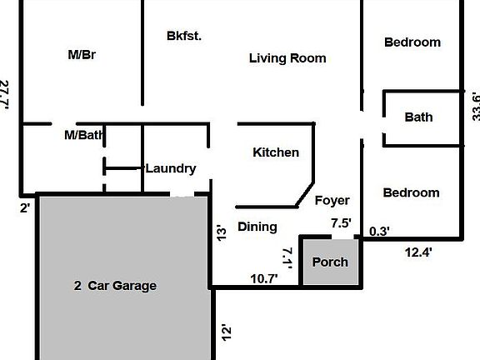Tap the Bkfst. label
[184, 36]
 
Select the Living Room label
[287, 58]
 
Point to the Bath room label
[418, 117]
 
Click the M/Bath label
[83, 134]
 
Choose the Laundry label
[171, 168]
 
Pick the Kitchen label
[276, 152]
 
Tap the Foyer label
[332, 200]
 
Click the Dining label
[257, 227]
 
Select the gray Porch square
[330, 262]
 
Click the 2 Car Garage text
[115, 286]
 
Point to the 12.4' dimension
[419, 251]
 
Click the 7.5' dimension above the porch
[341, 223]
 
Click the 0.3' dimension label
[379, 231]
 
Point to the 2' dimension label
[26, 207]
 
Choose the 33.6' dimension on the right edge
[476, 106]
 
